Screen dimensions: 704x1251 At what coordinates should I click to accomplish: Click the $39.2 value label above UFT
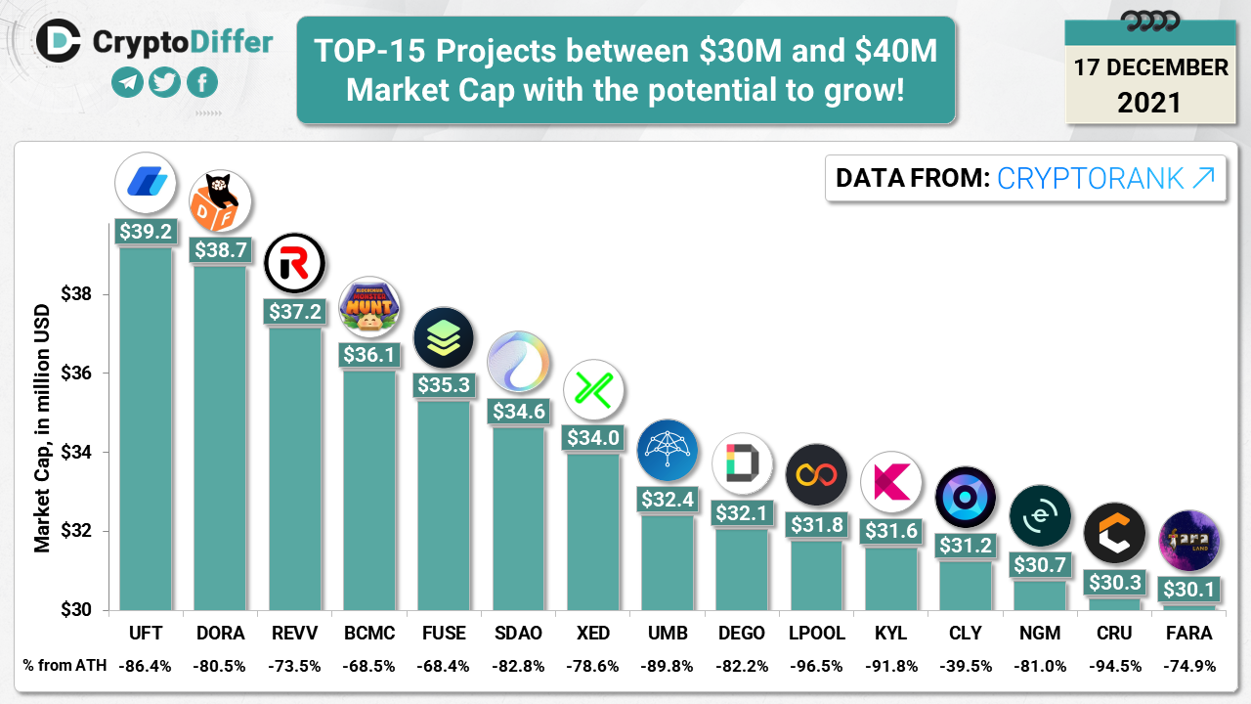[146, 231]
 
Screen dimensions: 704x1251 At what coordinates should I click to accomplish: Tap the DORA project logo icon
[220, 201]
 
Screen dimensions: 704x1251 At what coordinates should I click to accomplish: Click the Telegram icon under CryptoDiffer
[127, 82]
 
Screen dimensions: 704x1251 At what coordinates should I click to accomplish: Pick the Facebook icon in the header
[201, 82]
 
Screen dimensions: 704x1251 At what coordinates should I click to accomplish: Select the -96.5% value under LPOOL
[816, 667]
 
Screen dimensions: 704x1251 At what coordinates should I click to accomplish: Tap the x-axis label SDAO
[518, 634]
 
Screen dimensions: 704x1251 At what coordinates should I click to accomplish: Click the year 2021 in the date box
[1149, 103]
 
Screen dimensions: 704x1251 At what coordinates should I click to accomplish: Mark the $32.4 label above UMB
[668, 500]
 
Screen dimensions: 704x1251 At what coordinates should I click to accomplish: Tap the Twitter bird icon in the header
[164, 82]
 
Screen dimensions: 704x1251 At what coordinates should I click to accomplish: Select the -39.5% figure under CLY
[966, 667]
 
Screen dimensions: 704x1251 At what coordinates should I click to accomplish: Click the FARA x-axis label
[1189, 634]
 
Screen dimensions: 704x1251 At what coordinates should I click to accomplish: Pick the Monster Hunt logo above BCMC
[369, 307]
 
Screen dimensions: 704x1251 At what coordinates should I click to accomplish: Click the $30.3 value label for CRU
[1114, 582]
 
